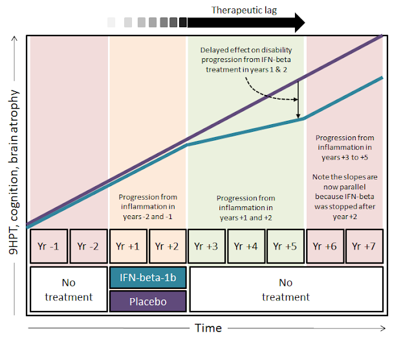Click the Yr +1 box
128,246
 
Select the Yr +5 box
285,246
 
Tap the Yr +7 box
364,246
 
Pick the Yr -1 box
49,246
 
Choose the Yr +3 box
206,246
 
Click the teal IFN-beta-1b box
148,278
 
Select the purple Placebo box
148,301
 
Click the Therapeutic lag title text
245,10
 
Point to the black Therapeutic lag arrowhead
300,23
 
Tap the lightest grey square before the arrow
111,23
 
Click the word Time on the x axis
208,328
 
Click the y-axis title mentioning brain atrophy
14,172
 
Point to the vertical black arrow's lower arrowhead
298,116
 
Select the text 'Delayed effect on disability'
246,50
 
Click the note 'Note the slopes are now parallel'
345,182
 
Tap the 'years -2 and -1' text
147,217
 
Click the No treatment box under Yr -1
69,290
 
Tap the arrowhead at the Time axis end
383,328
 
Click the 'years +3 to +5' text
345,158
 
